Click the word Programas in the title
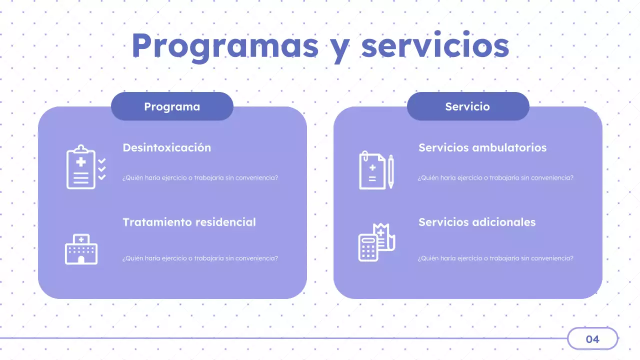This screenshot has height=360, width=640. [225, 46]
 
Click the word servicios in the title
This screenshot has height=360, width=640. [435, 46]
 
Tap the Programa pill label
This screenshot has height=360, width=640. [172, 106]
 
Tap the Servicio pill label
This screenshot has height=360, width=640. [467, 106]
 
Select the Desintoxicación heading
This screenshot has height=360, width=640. [166, 148]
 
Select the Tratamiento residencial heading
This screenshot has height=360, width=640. [189, 222]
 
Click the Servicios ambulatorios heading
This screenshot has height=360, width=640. [482, 148]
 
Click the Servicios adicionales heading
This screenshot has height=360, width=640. [477, 222]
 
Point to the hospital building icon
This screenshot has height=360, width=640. [81, 249]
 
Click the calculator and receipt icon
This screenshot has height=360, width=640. [376, 242]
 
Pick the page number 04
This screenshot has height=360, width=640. [592, 339]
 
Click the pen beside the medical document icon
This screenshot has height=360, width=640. [391, 171]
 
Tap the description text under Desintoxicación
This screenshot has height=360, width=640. [200, 178]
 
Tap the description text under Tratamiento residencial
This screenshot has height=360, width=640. [200, 258]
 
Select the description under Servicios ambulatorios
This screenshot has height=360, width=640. [495, 178]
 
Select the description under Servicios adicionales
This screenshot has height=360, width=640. [495, 258]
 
